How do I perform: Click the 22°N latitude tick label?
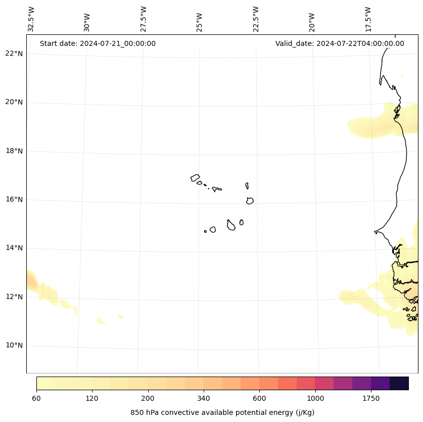(14, 54)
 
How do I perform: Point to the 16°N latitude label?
(14, 199)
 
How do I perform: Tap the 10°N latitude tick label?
(14, 345)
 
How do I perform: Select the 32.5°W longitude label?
(31, 19)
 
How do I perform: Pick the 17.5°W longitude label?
(368, 19)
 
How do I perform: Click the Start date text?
(98, 43)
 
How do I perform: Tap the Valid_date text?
(340, 43)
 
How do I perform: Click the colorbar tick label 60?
(36, 398)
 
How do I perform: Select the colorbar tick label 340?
(204, 398)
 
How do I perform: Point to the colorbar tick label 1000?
(315, 398)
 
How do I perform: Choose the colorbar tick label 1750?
(371, 398)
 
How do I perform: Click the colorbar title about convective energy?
(222, 412)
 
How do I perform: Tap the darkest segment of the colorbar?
(399, 383)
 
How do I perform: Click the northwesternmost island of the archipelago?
(195, 178)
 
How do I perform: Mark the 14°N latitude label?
(14, 248)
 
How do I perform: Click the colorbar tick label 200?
(148, 398)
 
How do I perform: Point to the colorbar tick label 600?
(259, 398)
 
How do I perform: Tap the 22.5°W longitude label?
(256, 19)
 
